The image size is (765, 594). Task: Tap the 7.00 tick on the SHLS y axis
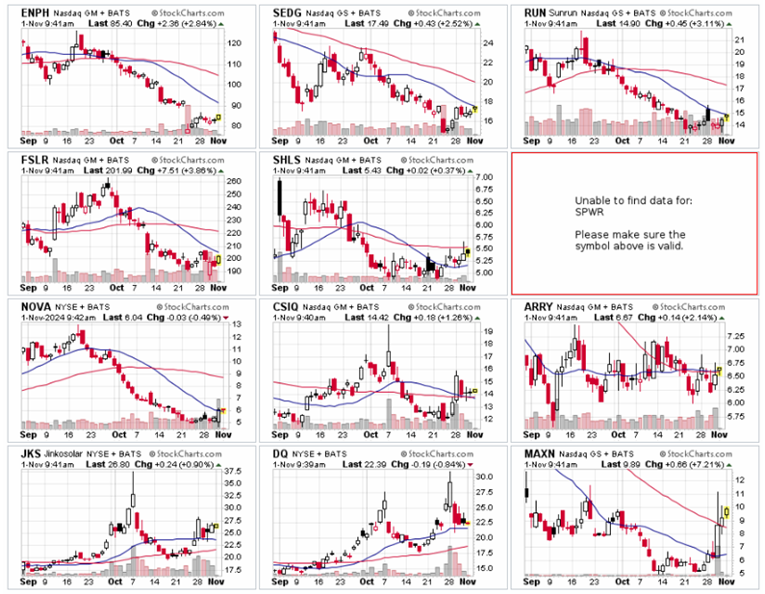[483, 178]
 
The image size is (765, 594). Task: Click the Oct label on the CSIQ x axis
[367, 435]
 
